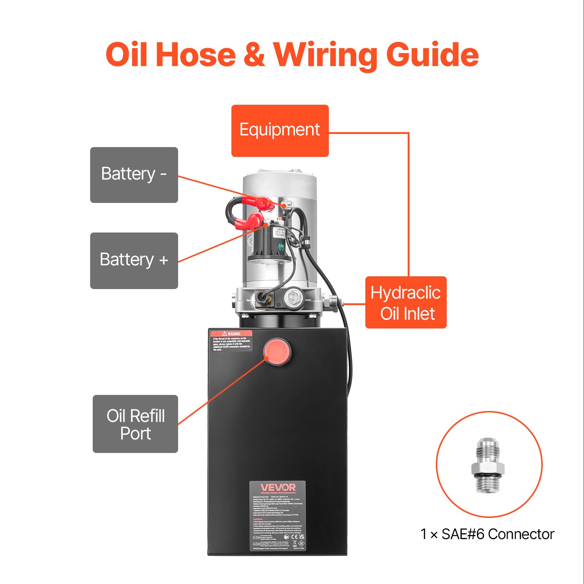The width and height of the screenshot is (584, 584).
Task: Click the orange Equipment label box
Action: point(280,131)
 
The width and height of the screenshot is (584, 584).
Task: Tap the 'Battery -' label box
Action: point(134,175)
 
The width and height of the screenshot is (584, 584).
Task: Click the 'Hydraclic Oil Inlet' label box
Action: point(406,303)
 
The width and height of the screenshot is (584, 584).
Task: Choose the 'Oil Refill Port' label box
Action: point(135,424)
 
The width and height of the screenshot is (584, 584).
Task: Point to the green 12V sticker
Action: point(281,246)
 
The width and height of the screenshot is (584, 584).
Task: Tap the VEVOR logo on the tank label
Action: point(278,488)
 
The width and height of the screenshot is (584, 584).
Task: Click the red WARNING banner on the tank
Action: point(231,334)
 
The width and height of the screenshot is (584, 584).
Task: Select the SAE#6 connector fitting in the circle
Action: point(488,464)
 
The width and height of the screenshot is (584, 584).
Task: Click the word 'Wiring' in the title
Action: point(326,55)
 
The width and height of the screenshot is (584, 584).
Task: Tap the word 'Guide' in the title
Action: point(432,55)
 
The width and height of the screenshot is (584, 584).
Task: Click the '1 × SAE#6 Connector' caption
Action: point(487,534)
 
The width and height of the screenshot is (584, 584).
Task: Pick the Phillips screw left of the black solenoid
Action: point(250,240)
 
